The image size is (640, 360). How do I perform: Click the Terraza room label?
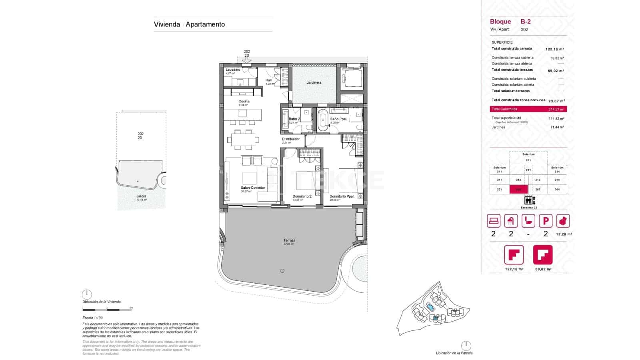pyautogui.click(x=289, y=241)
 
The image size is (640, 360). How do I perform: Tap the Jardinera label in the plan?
pyautogui.click(x=314, y=83)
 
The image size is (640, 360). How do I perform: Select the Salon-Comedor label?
pyautogui.click(x=252, y=188)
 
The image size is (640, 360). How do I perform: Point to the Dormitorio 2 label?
pyautogui.click(x=302, y=196)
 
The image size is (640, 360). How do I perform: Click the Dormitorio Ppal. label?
pyautogui.click(x=342, y=196)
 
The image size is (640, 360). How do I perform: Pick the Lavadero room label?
pyautogui.click(x=233, y=70)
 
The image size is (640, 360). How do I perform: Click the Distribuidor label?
pyautogui.click(x=291, y=139)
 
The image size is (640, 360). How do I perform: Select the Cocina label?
pyautogui.click(x=244, y=102)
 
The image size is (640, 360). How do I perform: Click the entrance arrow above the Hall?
pyautogui.click(x=247, y=60)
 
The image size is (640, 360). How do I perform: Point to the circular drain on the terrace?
pyautogui.click(x=282, y=271)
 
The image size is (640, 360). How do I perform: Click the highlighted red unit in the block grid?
pyautogui.click(x=519, y=190)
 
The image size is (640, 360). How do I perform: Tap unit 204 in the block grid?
pyautogui.click(x=557, y=190)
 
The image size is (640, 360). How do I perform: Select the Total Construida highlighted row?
pyautogui.click(x=528, y=109)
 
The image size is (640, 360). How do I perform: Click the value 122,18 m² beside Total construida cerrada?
pyautogui.click(x=554, y=49)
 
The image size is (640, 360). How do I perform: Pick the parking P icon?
pyautogui.click(x=546, y=221)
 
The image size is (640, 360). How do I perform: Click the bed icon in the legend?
pyautogui.click(x=494, y=221)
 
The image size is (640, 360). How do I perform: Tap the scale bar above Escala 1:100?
pyautogui.click(x=107, y=309)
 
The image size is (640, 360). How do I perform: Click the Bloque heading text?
pyautogui.click(x=500, y=22)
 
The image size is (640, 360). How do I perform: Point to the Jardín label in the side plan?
pyautogui.click(x=141, y=196)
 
